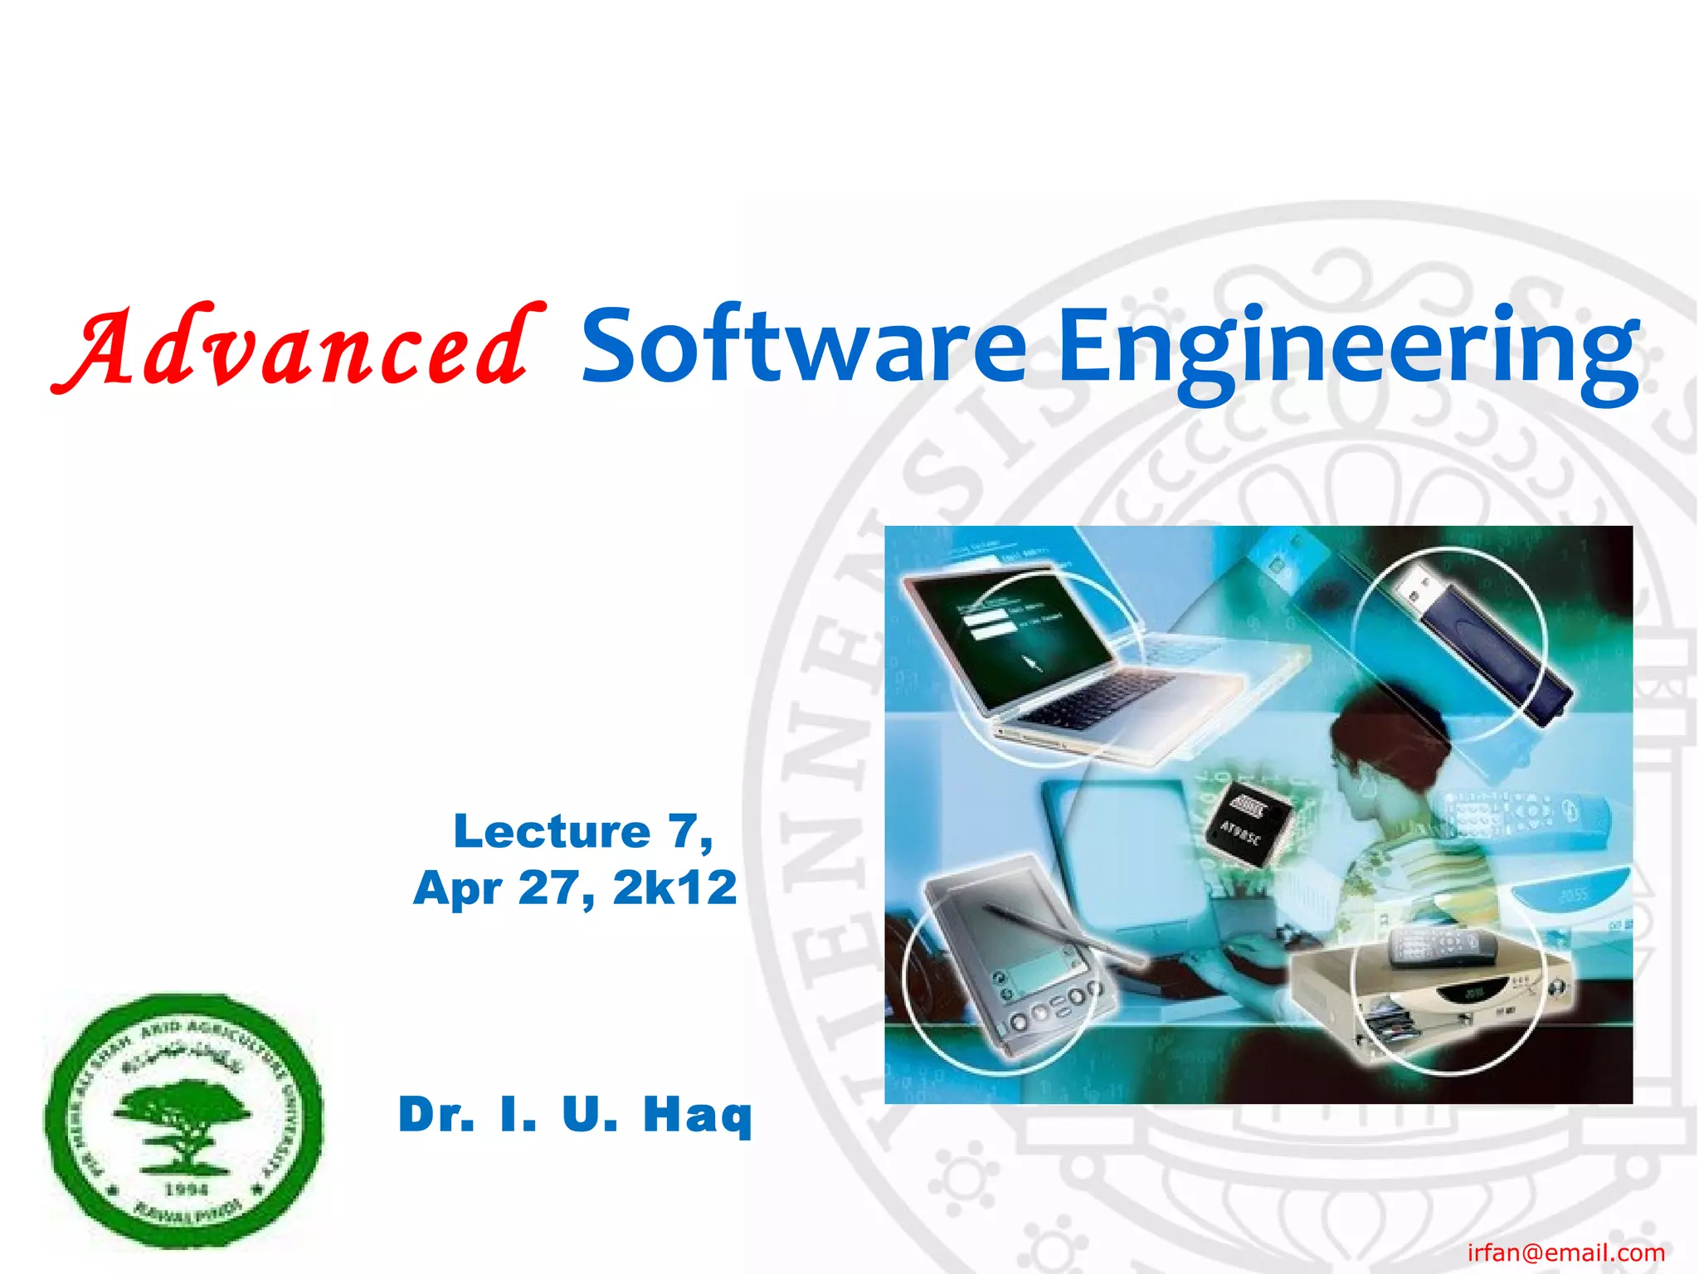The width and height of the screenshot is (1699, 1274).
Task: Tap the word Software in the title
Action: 803,347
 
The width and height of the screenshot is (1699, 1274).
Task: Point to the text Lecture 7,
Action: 582,831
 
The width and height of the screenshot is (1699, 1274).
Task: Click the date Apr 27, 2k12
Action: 575,888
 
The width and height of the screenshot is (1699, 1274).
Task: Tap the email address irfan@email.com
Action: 1565,1252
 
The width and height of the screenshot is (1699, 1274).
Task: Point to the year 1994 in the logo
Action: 186,1189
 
